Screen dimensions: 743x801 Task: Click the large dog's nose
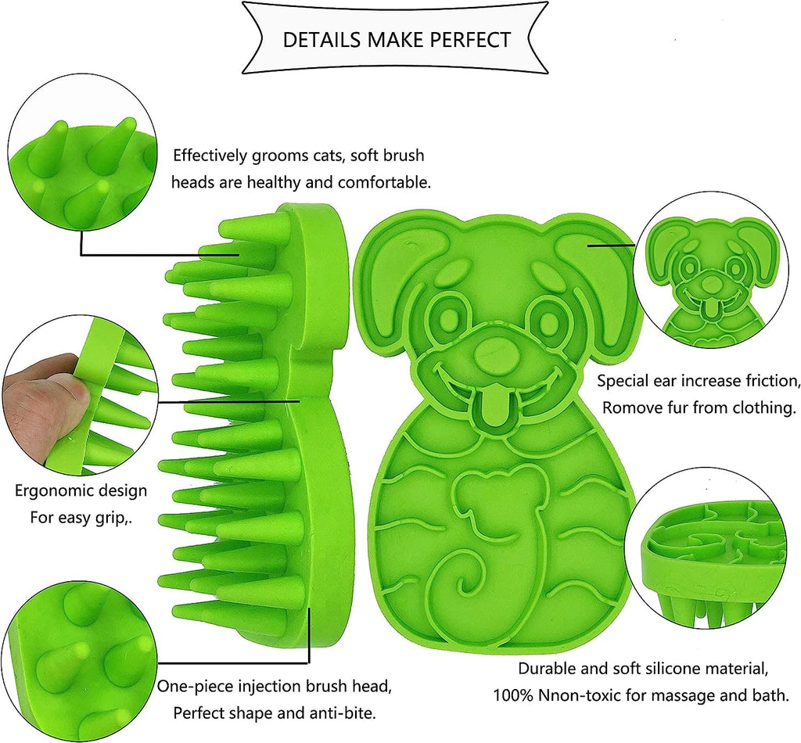[493, 349]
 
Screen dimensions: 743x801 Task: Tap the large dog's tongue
[493, 407]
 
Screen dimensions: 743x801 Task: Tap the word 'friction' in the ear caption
[768, 382]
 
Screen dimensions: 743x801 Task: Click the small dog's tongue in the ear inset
[709, 310]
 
